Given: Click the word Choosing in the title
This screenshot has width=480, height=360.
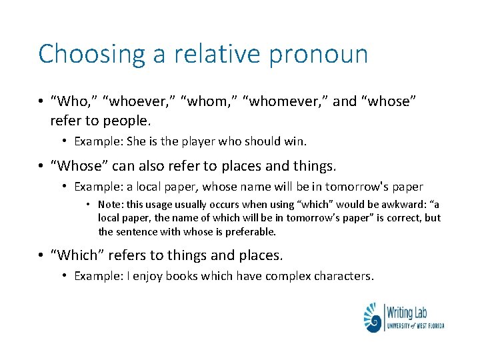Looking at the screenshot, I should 91,54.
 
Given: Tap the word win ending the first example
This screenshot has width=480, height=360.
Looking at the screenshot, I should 297,141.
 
